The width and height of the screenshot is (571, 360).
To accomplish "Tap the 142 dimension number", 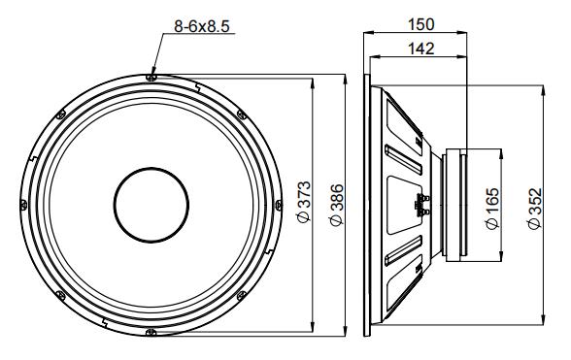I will click(419, 49).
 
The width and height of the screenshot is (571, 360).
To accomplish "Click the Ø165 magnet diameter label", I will click(492, 208).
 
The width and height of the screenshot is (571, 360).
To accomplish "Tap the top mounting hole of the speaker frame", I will click(149, 76).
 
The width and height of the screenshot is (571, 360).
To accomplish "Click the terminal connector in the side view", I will click(422, 205).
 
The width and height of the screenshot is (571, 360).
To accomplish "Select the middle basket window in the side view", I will click(403, 204).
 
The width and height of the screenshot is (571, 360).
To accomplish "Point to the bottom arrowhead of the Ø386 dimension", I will click(345, 333).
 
